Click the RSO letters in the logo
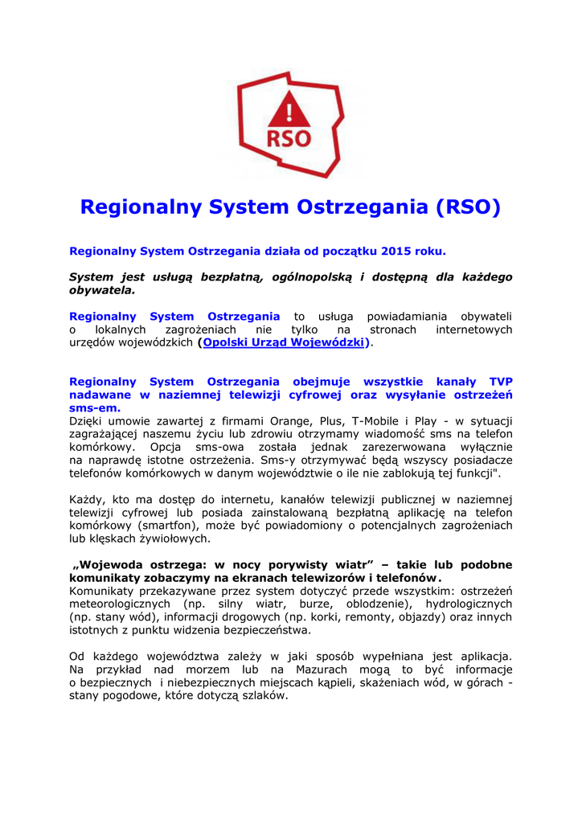coord(289,137)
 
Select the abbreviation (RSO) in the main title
coord(468,207)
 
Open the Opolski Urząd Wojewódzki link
coord(285,342)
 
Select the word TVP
coord(500,382)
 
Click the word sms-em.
coord(95,408)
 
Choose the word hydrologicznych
coord(464,604)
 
